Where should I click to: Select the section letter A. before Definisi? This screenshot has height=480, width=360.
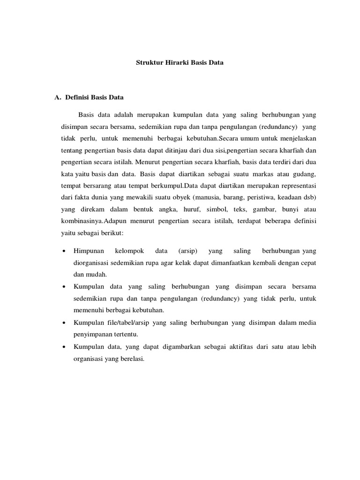pyautogui.click(x=59, y=98)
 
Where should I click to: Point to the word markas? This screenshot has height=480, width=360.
pyautogui.click(x=262, y=173)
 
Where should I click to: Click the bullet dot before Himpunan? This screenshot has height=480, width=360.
pyautogui.click(x=63, y=251)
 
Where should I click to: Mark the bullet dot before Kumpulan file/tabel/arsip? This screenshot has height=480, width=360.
pyautogui.click(x=63, y=323)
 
